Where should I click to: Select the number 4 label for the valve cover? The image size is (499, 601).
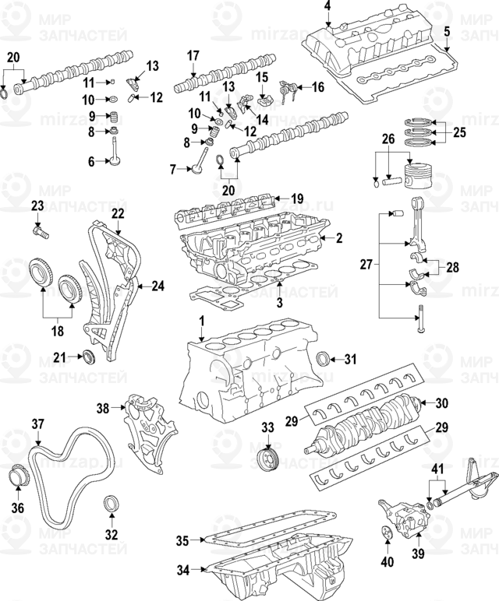coord(327,7)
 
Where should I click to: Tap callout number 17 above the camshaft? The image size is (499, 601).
coord(193,54)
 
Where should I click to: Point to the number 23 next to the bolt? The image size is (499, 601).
coord(37,206)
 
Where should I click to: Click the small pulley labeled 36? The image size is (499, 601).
coord(17,476)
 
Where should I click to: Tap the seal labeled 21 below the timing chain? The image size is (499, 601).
coord(89,357)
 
